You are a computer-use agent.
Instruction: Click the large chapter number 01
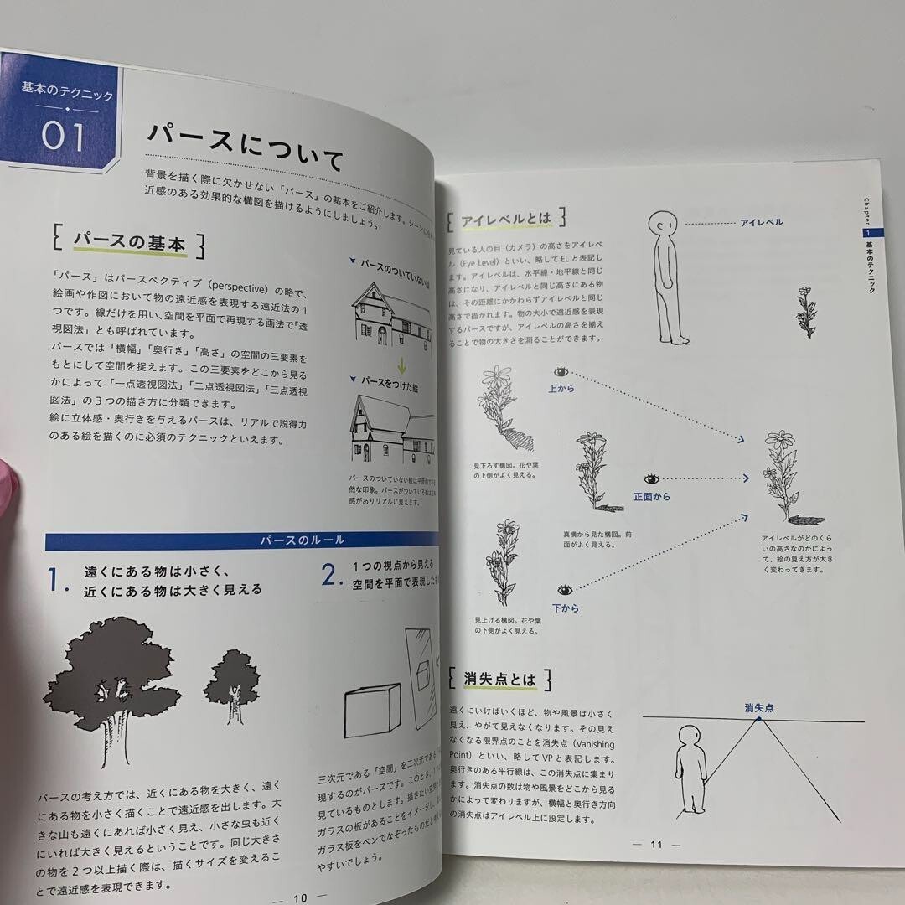coord(65,137)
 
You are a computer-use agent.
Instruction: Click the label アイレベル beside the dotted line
coord(761,222)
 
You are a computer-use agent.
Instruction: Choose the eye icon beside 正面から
coord(651,479)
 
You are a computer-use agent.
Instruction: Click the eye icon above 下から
coord(563,590)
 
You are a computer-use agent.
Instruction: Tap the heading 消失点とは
coord(500,679)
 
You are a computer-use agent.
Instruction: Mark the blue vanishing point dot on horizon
coord(758,721)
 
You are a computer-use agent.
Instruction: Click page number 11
coord(656,844)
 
